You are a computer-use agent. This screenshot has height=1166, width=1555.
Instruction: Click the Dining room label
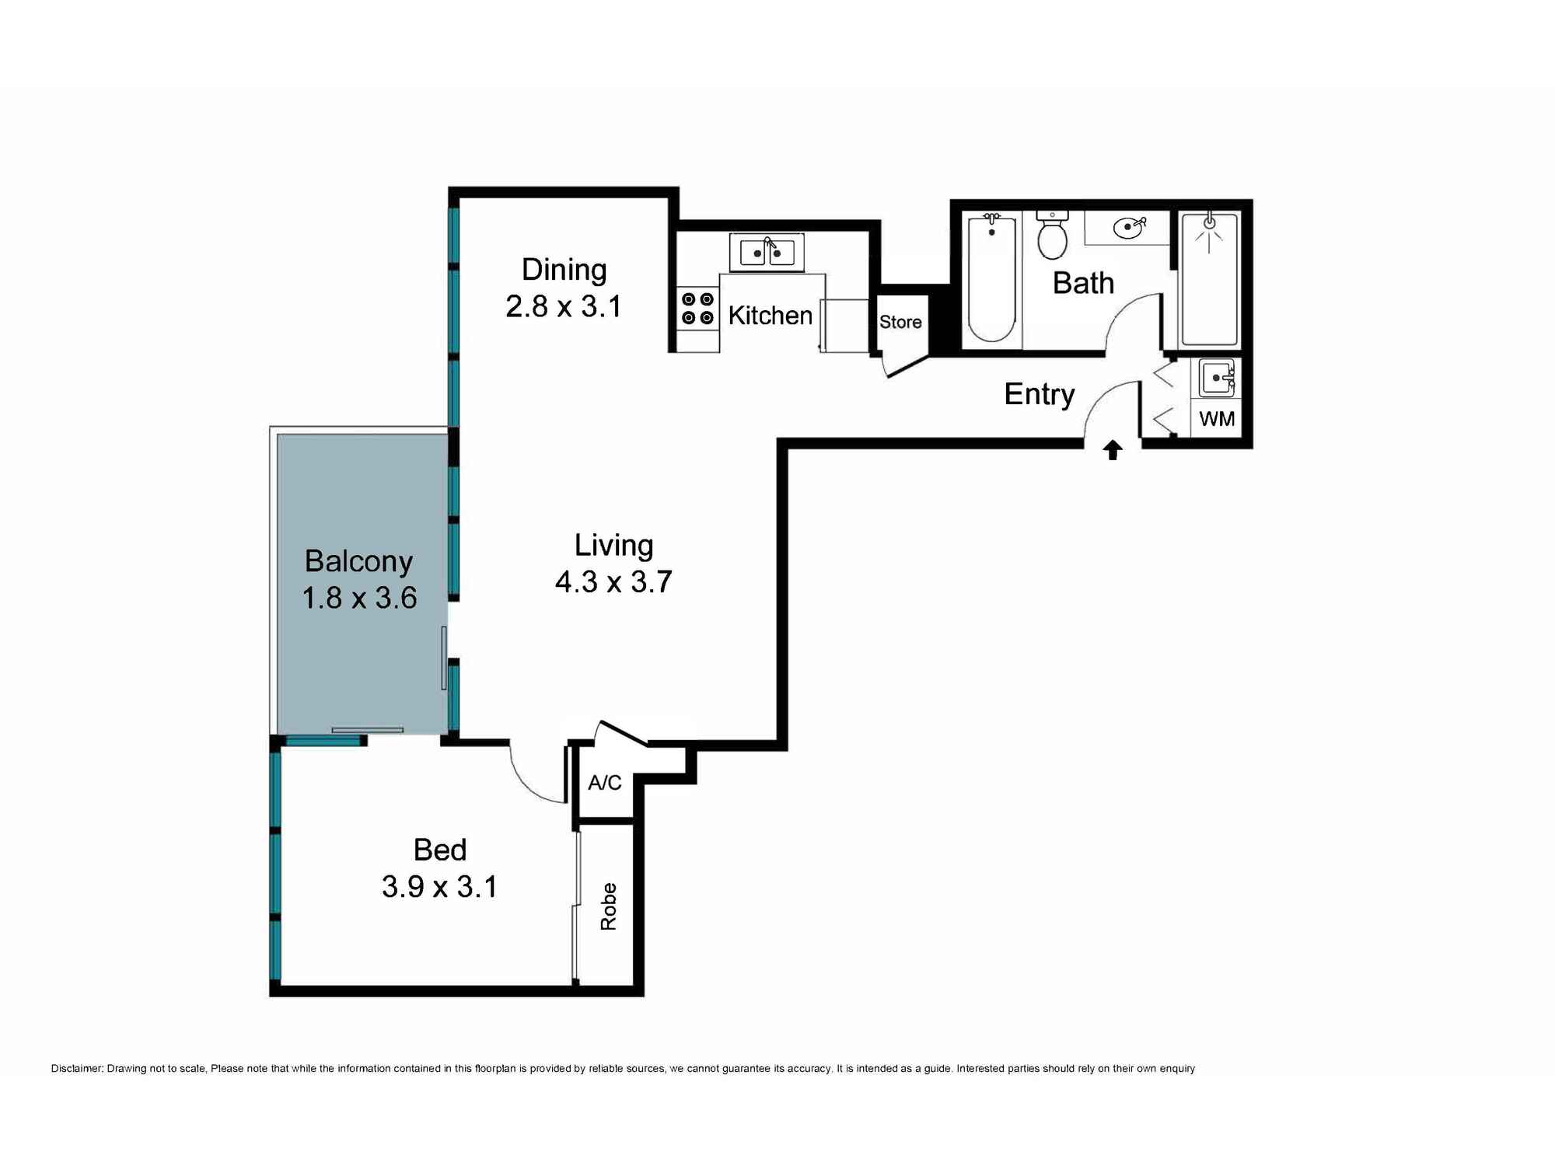tap(564, 271)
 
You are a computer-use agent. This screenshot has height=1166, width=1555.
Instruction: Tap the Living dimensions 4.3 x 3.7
tap(613, 581)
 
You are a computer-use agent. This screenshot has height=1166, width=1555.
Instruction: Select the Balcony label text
tap(358, 562)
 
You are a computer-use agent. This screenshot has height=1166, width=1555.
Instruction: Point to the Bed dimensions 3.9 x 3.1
tap(439, 886)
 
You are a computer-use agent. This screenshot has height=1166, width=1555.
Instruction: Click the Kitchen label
tap(770, 316)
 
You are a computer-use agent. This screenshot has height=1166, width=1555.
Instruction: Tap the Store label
tap(900, 322)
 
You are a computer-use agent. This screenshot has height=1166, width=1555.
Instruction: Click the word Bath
tap(1083, 283)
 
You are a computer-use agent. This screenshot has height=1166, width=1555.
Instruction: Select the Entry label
tap(1040, 395)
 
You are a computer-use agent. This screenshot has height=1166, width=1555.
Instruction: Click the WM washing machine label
tap(1217, 419)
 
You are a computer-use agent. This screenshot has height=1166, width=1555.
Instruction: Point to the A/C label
tap(604, 782)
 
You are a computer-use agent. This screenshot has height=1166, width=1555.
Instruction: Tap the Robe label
tap(608, 906)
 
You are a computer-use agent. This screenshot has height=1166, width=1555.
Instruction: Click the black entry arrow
tap(1113, 450)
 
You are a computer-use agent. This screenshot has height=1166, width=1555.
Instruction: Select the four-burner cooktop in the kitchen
tap(697, 309)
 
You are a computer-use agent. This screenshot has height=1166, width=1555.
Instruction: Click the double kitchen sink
tap(767, 253)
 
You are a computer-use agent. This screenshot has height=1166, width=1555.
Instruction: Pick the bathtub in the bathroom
tap(991, 278)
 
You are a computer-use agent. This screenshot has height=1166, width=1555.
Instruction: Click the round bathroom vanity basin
tap(1128, 228)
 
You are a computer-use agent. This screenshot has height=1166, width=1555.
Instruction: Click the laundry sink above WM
tap(1216, 378)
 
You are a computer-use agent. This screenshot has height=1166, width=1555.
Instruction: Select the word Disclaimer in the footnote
tap(76, 1069)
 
